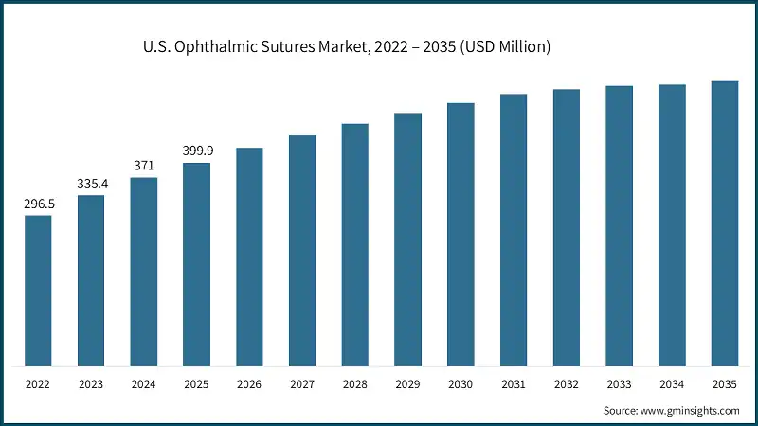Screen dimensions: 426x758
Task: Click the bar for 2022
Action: point(38,291)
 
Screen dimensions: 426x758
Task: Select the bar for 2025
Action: point(196,264)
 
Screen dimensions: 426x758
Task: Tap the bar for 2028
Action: point(355,244)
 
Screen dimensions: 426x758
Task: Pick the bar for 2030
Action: point(460,234)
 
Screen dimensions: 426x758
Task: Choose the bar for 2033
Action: point(620,225)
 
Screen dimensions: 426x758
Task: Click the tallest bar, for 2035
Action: point(725,223)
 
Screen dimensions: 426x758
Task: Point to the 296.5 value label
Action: point(38,204)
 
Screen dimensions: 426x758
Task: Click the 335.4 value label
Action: point(91,184)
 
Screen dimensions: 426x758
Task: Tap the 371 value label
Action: point(143,166)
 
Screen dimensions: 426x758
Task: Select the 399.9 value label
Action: point(196,151)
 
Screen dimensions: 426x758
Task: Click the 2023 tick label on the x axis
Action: point(91,384)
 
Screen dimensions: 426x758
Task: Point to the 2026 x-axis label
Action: point(249,384)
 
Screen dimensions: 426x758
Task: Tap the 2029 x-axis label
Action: point(407,384)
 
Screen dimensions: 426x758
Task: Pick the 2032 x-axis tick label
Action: point(567,384)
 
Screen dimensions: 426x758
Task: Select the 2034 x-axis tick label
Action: point(672,384)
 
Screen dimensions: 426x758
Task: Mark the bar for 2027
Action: point(302,250)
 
